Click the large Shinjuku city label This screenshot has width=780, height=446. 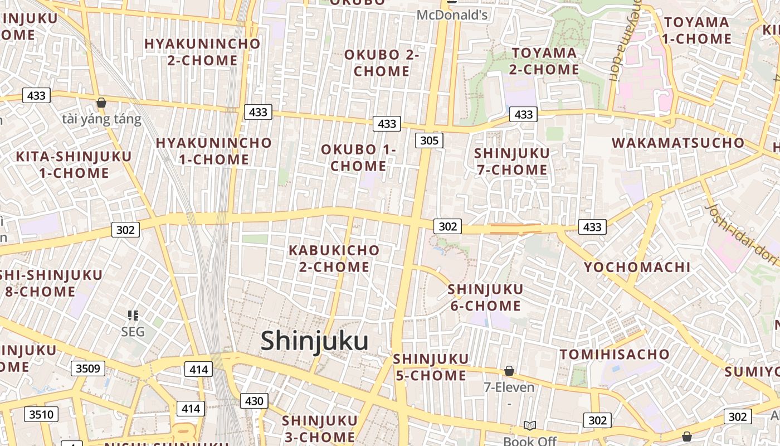(x=315, y=341)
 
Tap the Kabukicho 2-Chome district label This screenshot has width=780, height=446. (x=334, y=259)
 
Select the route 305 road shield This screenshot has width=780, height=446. (x=429, y=140)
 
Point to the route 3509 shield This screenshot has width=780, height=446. (x=87, y=368)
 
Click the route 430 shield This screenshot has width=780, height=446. (x=254, y=400)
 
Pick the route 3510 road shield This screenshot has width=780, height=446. (x=41, y=414)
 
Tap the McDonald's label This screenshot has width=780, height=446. (x=452, y=15)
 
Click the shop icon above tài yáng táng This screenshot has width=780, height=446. (x=101, y=103)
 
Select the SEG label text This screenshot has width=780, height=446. (x=133, y=332)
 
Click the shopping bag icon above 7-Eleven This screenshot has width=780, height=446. (x=509, y=371)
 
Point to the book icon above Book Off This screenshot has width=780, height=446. (x=529, y=426)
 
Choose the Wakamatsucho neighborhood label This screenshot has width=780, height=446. (x=678, y=143)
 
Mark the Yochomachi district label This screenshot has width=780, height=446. (x=637, y=267)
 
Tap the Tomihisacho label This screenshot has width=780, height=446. (x=615, y=355)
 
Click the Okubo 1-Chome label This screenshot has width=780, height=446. (x=358, y=158)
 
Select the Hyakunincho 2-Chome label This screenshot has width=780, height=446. (x=202, y=52)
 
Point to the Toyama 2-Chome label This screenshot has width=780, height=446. (x=544, y=61)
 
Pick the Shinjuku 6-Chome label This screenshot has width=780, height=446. (x=485, y=298)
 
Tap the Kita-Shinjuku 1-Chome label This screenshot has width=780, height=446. (x=74, y=164)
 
